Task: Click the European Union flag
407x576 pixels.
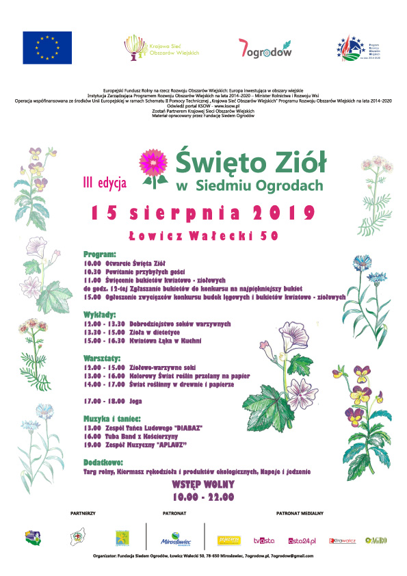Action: (x=47, y=48)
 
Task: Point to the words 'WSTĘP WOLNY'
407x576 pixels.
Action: (x=203, y=485)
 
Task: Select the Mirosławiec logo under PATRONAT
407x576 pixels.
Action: (x=175, y=539)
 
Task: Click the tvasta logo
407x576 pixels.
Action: (x=264, y=540)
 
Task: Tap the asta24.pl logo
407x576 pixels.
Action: (x=302, y=540)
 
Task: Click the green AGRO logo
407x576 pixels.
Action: (x=376, y=540)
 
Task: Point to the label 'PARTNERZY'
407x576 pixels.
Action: (x=83, y=512)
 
